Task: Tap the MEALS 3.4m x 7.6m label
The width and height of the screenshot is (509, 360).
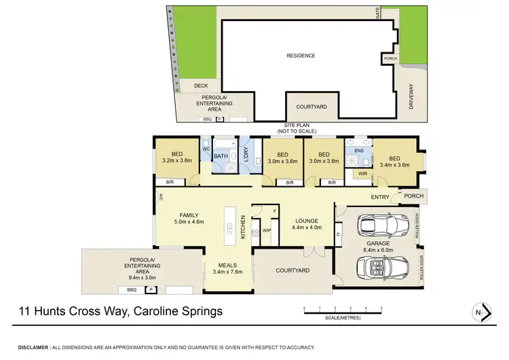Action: [229, 269]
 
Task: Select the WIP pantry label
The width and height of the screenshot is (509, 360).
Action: [266, 231]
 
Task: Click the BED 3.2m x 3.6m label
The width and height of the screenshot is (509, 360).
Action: [178, 158]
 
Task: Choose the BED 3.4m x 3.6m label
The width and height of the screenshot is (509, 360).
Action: [396, 160]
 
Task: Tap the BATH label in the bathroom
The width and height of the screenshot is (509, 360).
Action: [221, 157]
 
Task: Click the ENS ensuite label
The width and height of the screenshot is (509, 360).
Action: [360, 150]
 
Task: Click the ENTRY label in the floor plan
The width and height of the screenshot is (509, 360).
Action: [380, 198]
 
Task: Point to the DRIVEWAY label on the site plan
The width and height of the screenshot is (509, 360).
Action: [412, 96]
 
